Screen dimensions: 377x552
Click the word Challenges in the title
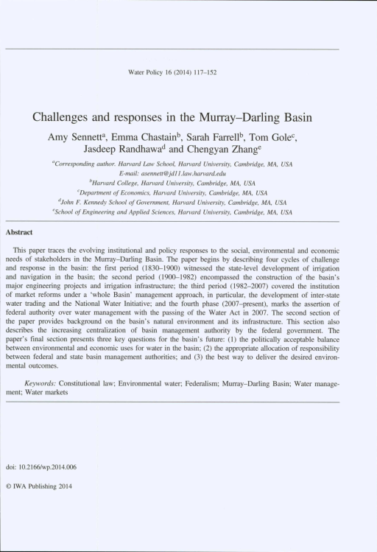[x=62, y=116]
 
